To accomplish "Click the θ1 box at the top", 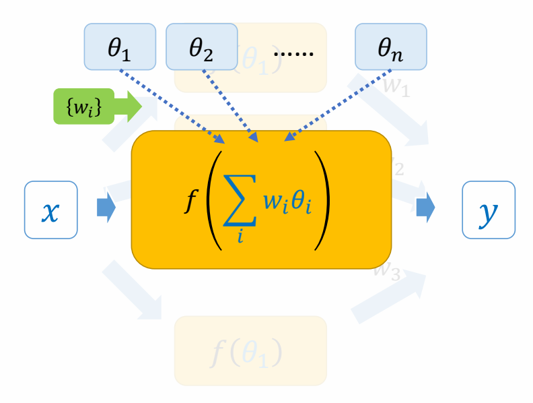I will click(120, 46).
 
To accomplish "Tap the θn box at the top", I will click(391, 46).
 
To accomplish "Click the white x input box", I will click(51, 210).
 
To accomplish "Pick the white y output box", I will click(489, 210).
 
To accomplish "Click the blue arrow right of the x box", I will click(106, 208).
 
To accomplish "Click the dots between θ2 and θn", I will click(296, 51).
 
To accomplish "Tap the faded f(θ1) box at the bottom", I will click(250, 350).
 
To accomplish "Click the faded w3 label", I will click(386, 272).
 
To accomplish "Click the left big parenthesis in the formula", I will click(214, 202).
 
